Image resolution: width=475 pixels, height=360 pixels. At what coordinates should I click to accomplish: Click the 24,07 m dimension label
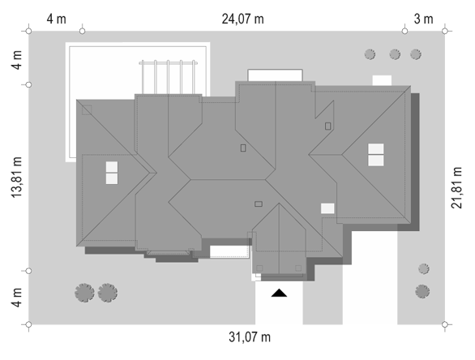[x=242, y=19]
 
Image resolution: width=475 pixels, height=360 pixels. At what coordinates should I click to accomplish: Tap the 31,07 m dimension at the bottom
[x=250, y=337]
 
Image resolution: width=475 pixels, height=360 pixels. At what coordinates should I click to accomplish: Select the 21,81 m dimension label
[x=457, y=187]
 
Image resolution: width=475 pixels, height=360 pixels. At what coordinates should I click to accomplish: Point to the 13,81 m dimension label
[x=17, y=178]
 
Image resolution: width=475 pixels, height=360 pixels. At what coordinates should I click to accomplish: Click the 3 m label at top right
[x=423, y=19]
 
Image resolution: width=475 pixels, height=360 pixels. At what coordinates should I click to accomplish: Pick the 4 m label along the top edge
[x=56, y=19]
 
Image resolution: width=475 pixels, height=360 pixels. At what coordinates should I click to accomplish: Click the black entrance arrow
[x=279, y=293]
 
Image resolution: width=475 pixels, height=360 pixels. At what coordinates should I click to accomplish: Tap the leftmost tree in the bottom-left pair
[x=84, y=293]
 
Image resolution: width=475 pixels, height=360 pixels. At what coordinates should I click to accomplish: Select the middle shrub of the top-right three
[x=395, y=54]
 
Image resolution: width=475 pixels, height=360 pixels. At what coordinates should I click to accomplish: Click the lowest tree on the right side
[x=422, y=292]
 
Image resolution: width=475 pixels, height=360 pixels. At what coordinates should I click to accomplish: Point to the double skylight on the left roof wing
[x=112, y=173]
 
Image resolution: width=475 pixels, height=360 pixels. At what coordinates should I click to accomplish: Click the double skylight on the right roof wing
[x=376, y=155]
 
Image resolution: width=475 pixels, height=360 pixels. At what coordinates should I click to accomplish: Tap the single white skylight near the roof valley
[x=327, y=208]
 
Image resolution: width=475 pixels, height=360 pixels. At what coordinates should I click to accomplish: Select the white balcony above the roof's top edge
[x=275, y=75]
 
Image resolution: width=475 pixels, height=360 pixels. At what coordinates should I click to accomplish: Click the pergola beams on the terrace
[x=168, y=77]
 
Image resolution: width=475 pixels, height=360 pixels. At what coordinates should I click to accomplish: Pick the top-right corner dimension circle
[x=445, y=31]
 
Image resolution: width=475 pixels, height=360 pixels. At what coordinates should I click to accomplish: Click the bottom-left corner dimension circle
[x=28, y=324]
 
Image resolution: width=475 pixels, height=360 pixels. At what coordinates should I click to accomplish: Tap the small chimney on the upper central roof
[x=243, y=148]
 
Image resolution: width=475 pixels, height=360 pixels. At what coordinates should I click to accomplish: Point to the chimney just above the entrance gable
[x=259, y=204]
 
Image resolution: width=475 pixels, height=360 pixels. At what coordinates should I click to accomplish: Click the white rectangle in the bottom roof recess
[x=229, y=251]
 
